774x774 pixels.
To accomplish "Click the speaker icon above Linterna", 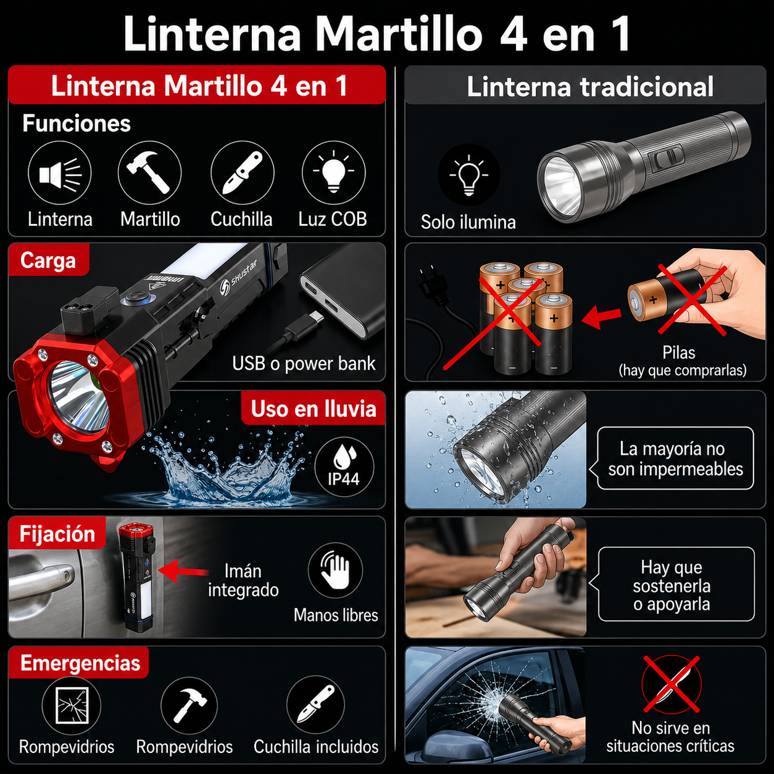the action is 60,173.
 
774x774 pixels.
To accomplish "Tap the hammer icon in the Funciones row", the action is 149,173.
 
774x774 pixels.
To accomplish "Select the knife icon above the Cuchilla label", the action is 242,173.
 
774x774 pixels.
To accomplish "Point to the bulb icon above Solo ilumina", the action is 468,175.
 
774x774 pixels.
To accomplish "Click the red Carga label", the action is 48,260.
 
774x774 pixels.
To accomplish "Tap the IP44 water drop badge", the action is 344,467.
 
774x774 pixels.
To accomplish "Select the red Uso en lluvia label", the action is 314,409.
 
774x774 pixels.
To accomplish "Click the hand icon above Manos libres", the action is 335,570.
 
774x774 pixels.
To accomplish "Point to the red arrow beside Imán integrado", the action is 183,571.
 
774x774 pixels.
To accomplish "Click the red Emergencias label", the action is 80,663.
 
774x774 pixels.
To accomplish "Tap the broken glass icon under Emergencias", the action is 72,705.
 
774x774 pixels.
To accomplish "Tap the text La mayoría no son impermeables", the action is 675,459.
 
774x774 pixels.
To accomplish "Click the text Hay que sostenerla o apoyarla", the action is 672,585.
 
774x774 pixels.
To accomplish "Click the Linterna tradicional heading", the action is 590,86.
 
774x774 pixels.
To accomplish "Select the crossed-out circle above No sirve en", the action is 671,685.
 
